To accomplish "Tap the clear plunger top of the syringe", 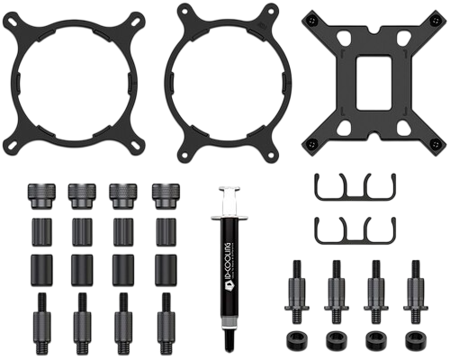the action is click(x=229, y=189).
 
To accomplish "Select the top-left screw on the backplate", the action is click(x=312, y=19).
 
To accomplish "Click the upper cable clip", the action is click(x=355, y=187).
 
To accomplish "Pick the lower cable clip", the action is click(x=355, y=230).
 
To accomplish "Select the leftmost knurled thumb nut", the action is click(x=41, y=195).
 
